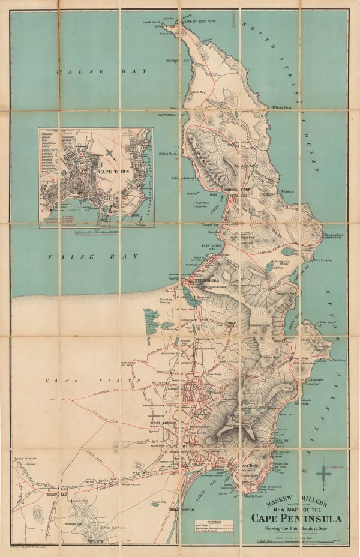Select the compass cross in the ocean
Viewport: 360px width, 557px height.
coord(325,472)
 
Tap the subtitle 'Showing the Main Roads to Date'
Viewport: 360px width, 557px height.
coord(298,528)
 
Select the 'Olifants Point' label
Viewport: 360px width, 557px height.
coord(280,108)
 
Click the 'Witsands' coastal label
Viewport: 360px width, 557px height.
coord(287,192)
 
